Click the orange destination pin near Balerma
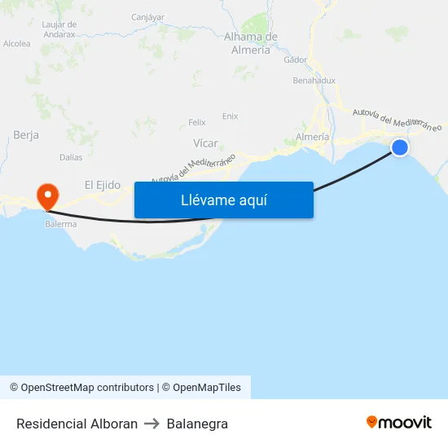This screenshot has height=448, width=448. coord(47,195)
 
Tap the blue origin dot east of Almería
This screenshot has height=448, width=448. coord(400,147)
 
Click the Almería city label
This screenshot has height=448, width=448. coord(313,137)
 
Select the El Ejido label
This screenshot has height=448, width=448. coord(103,185)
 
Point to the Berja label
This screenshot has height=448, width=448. coord(26,135)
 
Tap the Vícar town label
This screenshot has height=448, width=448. coord(205,143)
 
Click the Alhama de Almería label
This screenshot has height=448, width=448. coord(251,43)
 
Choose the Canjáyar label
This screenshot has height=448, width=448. coord(147,16)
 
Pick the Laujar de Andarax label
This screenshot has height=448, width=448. coord(59,29)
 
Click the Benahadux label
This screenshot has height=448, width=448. coord(314,81)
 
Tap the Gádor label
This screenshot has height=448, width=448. coord(295,59)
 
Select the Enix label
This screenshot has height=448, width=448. coord(231,116)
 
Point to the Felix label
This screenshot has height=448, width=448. coord(197,122)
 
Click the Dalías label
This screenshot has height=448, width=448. coord(72,157)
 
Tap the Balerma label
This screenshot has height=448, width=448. coord(61,224)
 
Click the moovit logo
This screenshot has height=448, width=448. coord(399,423)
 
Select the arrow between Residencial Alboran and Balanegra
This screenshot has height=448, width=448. coord(152,424)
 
